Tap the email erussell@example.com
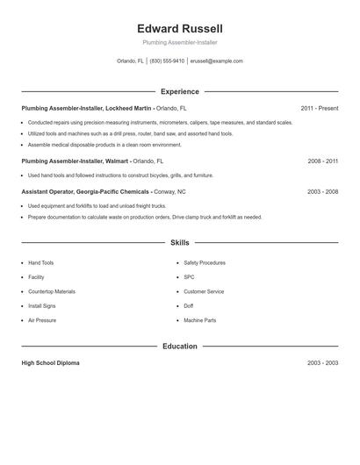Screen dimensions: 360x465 click(216, 61)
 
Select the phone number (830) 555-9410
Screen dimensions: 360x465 click(167, 61)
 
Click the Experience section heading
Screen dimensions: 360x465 click(180, 91)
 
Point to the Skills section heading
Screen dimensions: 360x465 click(180, 242)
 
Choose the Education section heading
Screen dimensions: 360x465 click(180, 347)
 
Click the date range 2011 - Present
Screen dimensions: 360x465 click(319, 108)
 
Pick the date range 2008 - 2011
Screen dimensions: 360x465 click(323, 161)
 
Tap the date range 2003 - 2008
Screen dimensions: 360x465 click(323, 190)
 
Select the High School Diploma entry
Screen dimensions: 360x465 click(50, 362)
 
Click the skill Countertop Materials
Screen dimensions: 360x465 click(52, 291)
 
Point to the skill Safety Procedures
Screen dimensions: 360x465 click(205, 262)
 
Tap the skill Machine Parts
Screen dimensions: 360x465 click(200, 320)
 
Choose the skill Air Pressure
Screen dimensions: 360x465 click(42, 320)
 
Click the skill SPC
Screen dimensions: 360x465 click(189, 277)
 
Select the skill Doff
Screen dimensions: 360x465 click(188, 306)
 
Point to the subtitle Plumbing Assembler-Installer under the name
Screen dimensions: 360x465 click(179, 42)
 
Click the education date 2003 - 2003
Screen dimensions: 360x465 click(323, 362)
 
